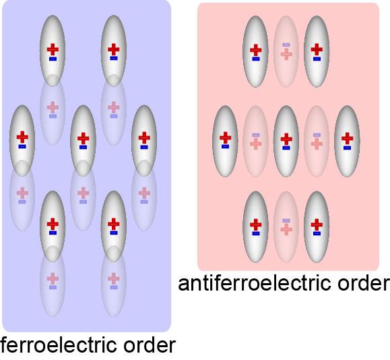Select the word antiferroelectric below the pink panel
[253, 283]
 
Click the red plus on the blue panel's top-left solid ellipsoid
[53, 49]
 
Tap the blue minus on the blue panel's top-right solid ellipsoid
[114, 59]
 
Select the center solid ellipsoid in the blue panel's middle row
[83, 139]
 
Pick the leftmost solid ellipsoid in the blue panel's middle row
[22, 139]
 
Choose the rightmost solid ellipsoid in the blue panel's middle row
[143, 139]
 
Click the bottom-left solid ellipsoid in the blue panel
[53, 224]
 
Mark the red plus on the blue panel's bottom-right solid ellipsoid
[114, 222]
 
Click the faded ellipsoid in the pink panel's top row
[286, 51]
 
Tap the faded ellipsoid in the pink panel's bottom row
[286, 227]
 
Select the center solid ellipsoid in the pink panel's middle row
[286, 140]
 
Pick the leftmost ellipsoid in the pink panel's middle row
[225, 140]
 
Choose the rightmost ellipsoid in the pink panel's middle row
[347, 140]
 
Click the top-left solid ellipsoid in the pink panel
[255, 51]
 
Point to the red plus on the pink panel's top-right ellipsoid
[317, 49]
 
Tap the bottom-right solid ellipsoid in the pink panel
[317, 227]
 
